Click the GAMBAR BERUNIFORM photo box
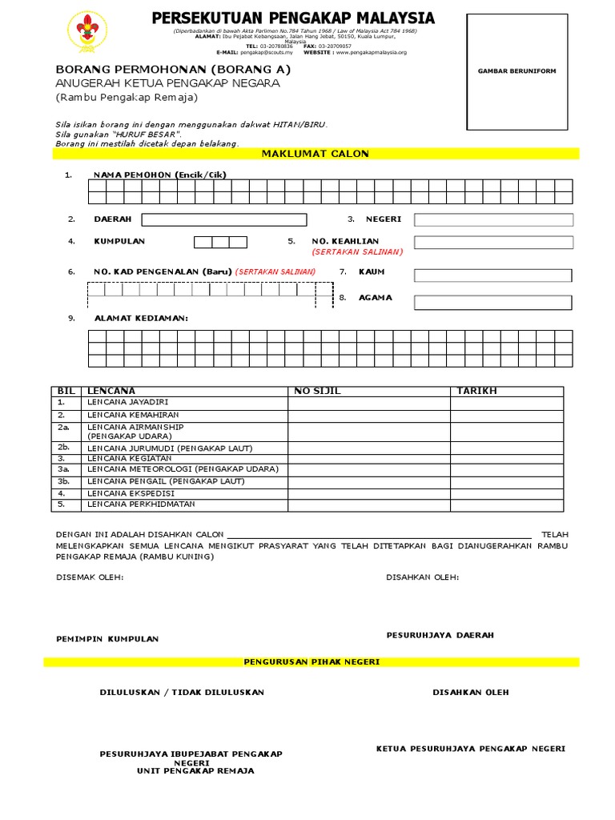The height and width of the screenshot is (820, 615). pos(517,71)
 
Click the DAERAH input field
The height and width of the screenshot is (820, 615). pos(224,219)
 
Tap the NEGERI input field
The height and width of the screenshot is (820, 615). pos(493,219)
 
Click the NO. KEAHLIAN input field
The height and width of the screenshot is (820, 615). pos(493,242)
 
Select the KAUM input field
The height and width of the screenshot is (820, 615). pos(493,275)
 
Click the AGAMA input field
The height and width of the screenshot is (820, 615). pos(493,302)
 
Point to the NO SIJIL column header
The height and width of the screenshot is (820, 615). pos(312,391)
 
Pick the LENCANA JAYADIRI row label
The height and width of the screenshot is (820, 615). pos(128,402)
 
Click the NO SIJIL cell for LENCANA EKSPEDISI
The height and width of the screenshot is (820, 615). pos(368,493)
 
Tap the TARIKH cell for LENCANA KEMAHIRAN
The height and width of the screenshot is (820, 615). pos(506,415)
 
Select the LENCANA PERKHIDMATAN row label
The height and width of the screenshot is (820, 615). pos(141,504)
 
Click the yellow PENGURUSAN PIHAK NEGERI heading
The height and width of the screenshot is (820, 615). pos(312,662)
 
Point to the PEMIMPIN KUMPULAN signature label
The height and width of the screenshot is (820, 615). pos(107,639)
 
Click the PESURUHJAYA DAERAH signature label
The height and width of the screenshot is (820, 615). pos(440,635)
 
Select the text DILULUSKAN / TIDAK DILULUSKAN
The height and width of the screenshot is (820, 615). pos(182,692)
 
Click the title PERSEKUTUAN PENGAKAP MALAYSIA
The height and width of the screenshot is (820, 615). pos(293,18)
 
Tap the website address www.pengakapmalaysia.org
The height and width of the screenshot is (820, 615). pos(371,52)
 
